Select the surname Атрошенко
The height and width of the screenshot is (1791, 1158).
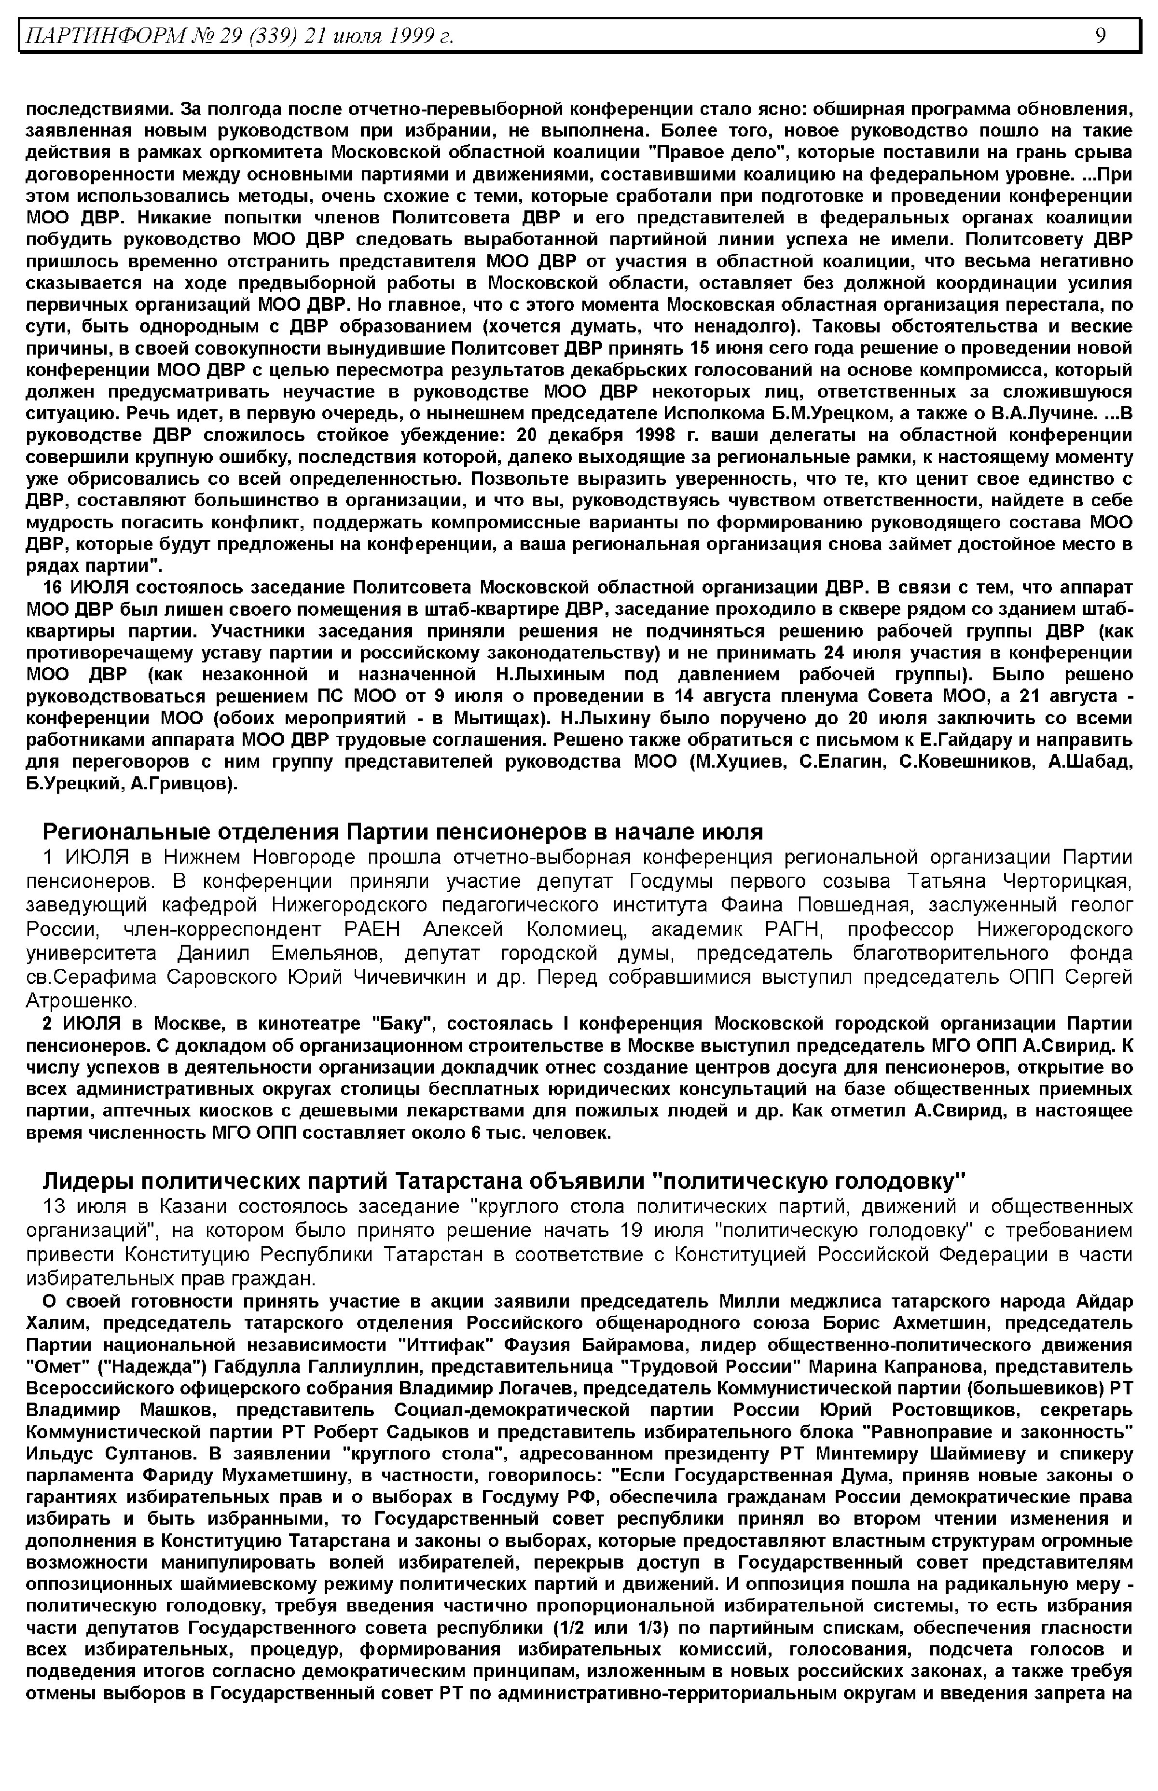pyautogui.click(x=81, y=1001)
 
